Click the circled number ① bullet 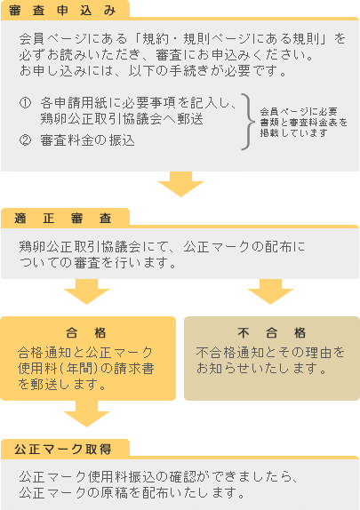[x=25, y=103]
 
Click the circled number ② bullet [x=25, y=140]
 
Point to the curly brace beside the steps [x=248, y=122]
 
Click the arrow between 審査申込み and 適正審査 [x=180, y=184]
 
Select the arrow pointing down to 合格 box [x=86, y=291]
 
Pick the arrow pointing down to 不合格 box [x=270, y=291]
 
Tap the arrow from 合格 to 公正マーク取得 [x=86, y=414]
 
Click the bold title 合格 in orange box [x=86, y=332]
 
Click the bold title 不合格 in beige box [x=271, y=332]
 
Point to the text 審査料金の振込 [x=87, y=140]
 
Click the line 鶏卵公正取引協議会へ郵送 [x=122, y=119]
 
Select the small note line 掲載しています [x=293, y=132]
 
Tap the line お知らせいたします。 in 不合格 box [x=261, y=369]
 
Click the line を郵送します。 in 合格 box [x=62, y=385]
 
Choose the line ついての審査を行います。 [x=98, y=262]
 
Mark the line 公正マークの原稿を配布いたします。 [x=132, y=493]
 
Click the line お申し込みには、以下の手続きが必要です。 [x=153, y=70]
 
